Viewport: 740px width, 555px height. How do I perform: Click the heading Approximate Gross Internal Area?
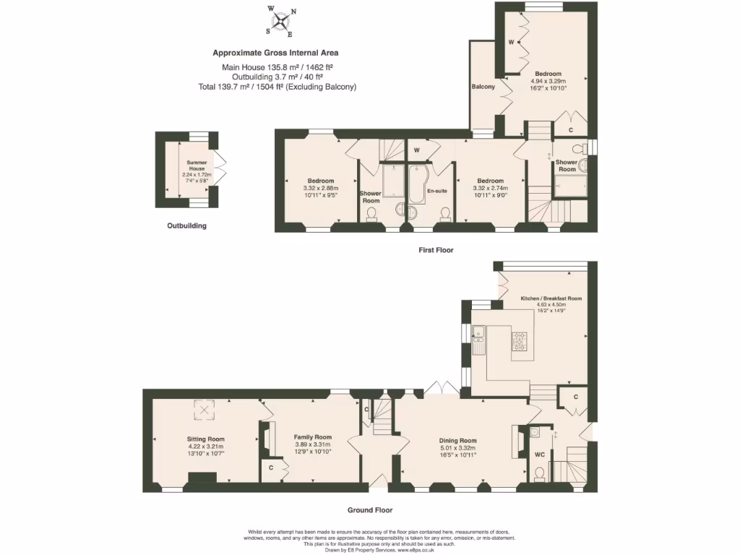tap(275, 53)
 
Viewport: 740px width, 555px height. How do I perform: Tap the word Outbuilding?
tap(186, 225)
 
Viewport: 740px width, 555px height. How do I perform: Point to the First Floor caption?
tap(436, 249)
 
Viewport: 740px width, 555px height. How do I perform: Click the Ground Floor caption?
tap(369, 509)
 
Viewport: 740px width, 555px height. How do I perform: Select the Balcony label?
tap(483, 87)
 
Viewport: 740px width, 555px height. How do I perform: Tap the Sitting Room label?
tap(206, 439)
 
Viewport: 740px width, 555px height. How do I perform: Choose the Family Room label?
tap(312, 437)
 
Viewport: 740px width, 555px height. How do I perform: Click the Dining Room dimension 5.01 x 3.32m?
tap(458, 448)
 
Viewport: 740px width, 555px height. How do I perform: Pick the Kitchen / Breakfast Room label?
tap(551, 298)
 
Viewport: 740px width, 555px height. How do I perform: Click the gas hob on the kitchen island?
tap(520, 340)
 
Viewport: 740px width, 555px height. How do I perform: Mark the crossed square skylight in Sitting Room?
tap(205, 410)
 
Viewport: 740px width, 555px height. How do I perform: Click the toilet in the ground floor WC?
tap(539, 474)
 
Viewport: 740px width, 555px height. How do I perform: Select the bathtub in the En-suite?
tap(417, 184)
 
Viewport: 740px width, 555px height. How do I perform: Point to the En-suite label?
tap(437, 191)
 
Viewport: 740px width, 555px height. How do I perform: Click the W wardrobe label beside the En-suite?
tap(417, 150)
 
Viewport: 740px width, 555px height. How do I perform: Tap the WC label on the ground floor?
tap(539, 455)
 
